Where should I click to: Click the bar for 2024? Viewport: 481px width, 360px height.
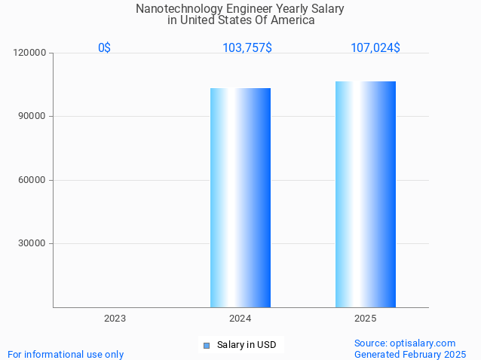(x=240, y=197)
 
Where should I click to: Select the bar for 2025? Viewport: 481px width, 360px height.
(x=366, y=194)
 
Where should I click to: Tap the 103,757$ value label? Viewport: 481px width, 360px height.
(x=247, y=47)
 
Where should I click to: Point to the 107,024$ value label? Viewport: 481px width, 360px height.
(x=375, y=47)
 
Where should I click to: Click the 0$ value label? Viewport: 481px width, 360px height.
(x=104, y=47)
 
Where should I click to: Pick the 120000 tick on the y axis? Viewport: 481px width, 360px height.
(x=31, y=53)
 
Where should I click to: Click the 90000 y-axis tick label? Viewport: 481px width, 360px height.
(x=33, y=116)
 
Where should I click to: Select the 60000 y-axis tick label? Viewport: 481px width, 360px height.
(x=33, y=180)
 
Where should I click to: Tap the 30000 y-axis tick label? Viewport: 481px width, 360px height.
(x=33, y=243)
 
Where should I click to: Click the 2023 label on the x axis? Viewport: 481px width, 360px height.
(x=115, y=319)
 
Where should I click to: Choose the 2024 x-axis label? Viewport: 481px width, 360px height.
(x=240, y=319)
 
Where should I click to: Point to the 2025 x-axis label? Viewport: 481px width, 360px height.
(x=366, y=319)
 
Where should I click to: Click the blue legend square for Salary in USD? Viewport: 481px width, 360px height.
(x=206, y=346)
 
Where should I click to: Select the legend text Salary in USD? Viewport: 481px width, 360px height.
(x=247, y=345)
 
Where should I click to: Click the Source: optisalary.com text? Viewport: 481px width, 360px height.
(x=405, y=343)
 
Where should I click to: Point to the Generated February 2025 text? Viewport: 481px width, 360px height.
(x=410, y=354)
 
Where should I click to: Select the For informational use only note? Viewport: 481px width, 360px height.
(x=66, y=354)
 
